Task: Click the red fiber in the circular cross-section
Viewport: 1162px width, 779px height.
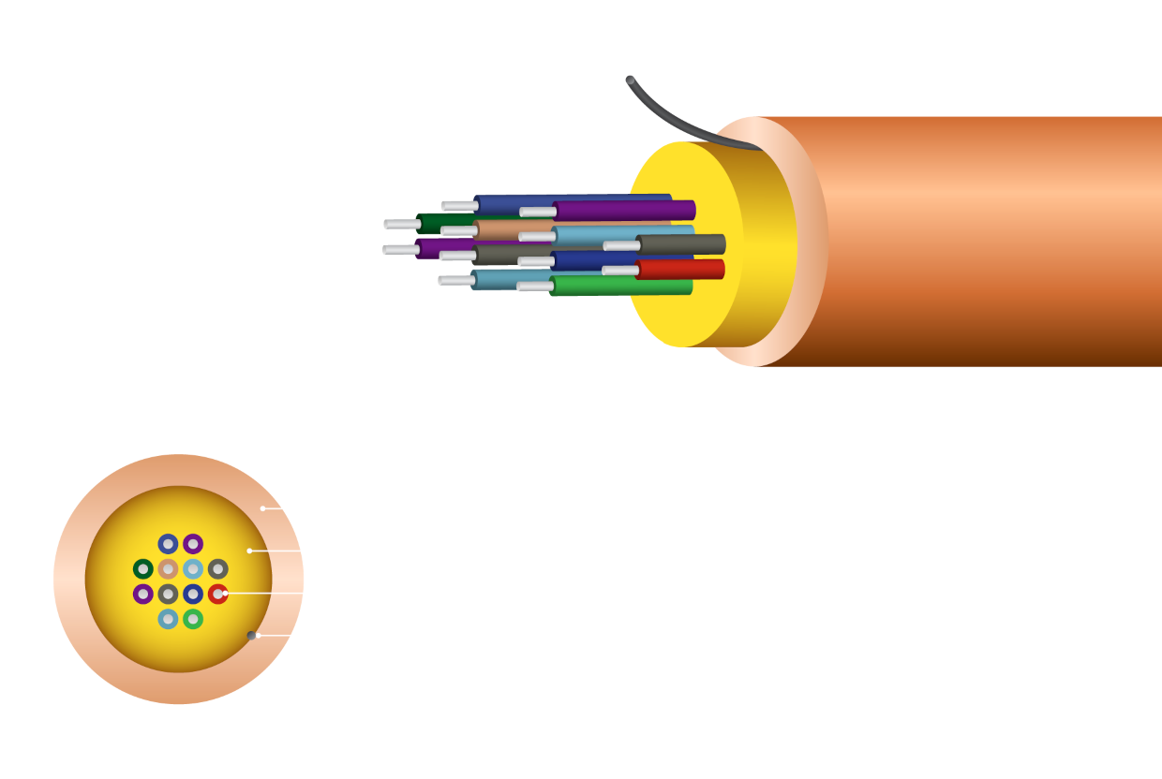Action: [217, 594]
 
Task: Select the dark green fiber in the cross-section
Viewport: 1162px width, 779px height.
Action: [143, 568]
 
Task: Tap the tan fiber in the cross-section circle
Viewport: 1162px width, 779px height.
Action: [168, 568]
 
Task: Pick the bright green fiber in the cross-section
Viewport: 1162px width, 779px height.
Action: [193, 619]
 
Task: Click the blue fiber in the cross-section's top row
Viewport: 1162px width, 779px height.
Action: [168, 544]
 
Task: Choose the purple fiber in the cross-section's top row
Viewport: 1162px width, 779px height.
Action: [193, 544]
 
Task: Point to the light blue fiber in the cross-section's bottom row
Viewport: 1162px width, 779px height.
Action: [168, 619]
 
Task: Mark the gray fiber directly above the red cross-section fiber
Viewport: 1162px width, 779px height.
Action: [217, 568]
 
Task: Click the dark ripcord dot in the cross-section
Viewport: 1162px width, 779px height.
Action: [251, 636]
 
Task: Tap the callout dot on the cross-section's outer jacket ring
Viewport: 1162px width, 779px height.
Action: [263, 508]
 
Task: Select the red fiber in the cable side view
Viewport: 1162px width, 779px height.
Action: [681, 270]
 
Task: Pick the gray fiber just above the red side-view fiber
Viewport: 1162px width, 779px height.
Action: [681, 244]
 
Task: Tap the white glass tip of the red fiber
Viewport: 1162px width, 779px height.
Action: [620, 271]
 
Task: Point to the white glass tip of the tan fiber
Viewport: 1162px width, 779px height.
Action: [459, 230]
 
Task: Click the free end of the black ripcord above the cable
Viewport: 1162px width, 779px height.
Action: [630, 81]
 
